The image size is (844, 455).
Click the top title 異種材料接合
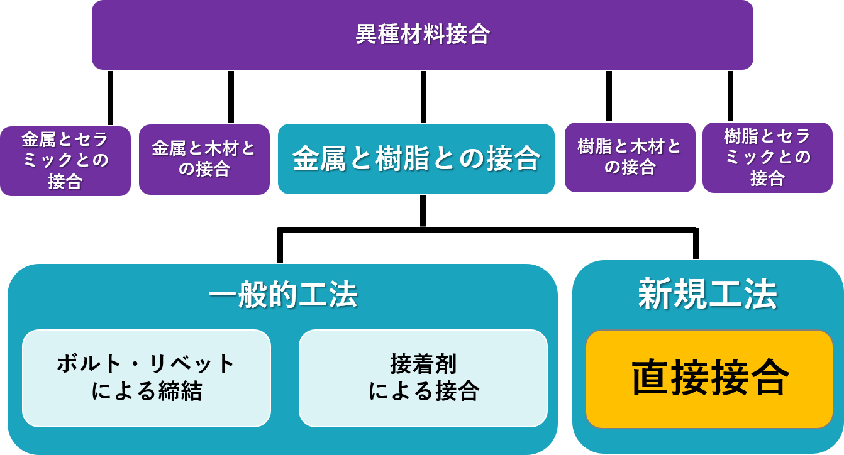423,34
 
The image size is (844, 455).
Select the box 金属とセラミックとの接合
65,161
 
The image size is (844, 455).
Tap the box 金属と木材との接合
204,158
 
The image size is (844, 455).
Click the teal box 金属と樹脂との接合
416,158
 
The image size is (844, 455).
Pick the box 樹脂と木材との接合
630,157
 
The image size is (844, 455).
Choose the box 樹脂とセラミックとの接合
767,157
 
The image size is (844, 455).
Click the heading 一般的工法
282,295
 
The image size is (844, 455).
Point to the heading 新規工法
708,293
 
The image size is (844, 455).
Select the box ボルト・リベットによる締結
146,378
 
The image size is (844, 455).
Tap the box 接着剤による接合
423,378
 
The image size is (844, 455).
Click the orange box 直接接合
709,378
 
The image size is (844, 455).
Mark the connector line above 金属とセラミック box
111,97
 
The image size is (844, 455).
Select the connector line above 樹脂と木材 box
609,96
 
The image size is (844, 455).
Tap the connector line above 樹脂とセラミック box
730,96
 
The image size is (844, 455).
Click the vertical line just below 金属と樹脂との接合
423,211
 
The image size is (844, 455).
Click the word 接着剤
423,364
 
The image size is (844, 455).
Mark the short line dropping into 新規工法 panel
696,243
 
